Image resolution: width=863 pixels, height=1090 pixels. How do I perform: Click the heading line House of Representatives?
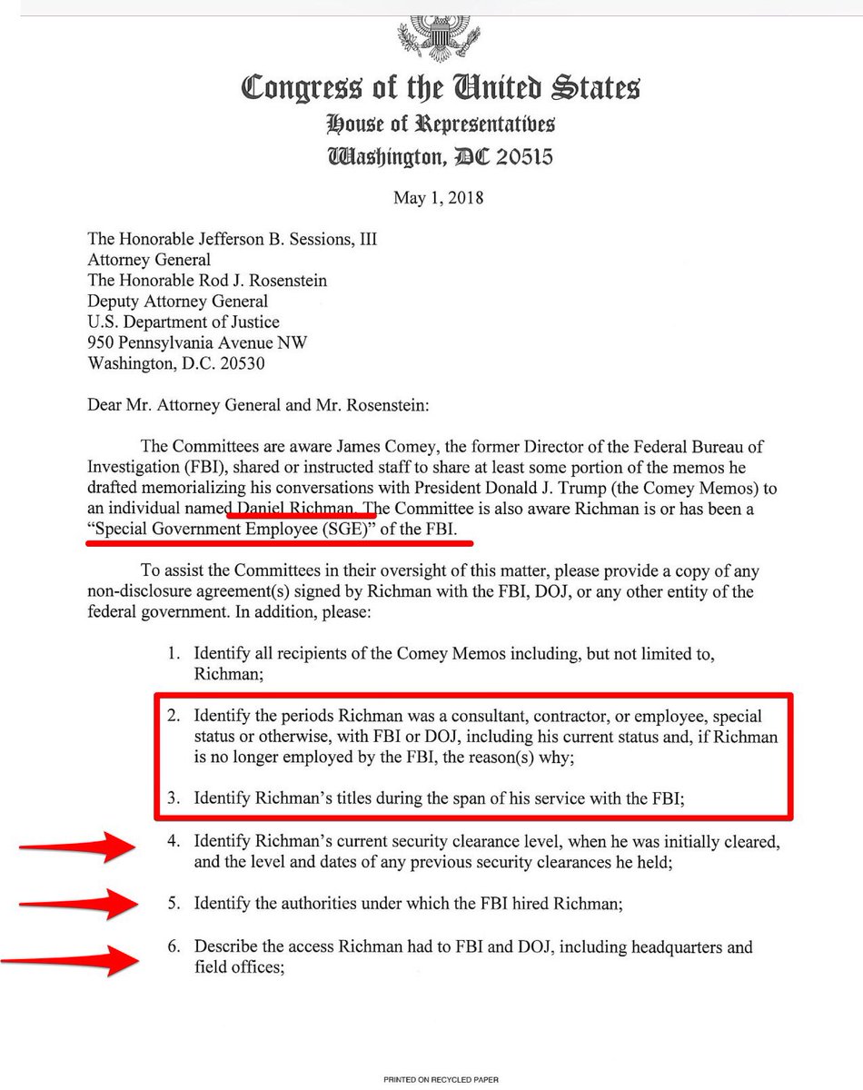point(441,124)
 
